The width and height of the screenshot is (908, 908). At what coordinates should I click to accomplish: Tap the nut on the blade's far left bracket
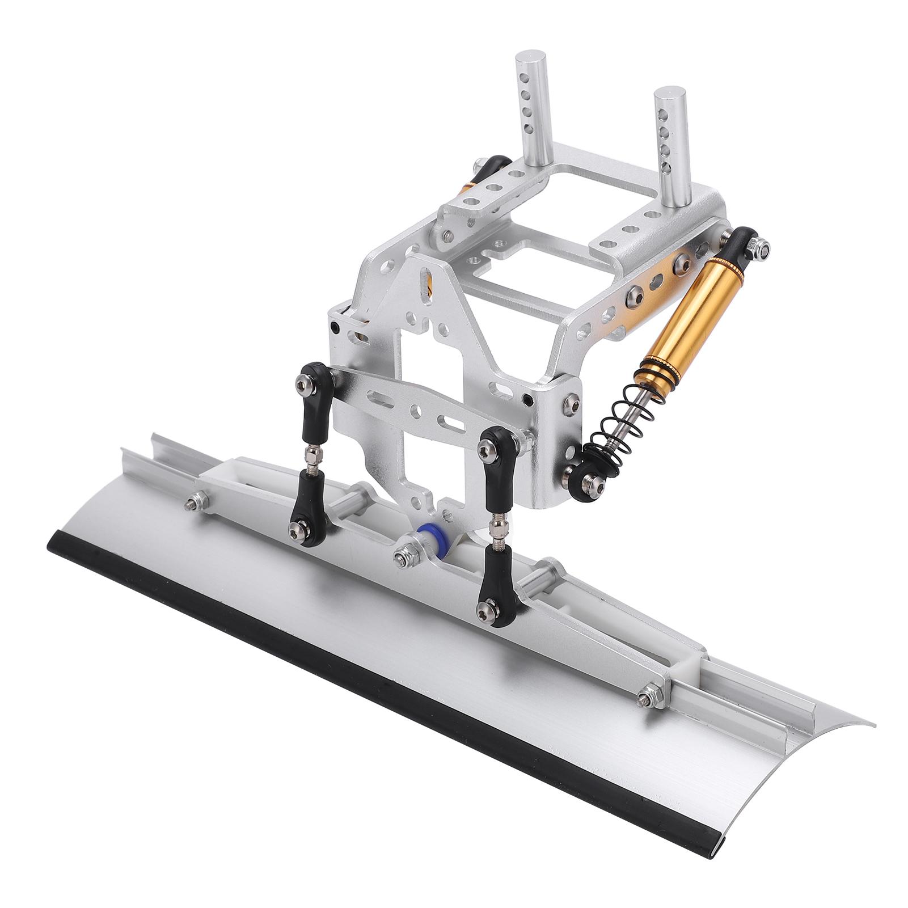[x=196, y=500]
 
